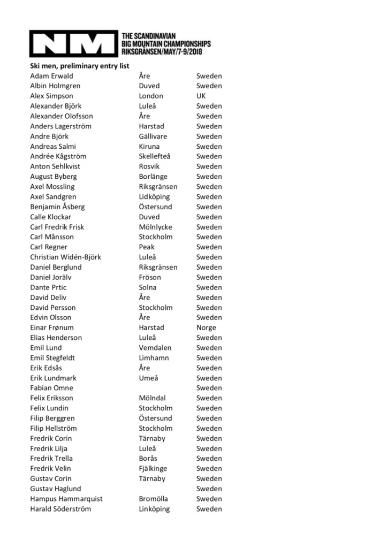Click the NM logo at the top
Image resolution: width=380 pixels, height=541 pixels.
(73, 43)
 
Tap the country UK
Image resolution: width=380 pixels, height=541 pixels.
(201, 96)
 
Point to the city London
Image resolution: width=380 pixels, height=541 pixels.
(151, 96)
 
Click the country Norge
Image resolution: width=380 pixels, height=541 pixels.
(206, 327)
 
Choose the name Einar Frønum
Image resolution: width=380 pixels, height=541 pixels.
(52, 327)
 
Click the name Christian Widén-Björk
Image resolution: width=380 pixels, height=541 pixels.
(65, 257)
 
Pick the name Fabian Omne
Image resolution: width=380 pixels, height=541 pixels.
(51, 388)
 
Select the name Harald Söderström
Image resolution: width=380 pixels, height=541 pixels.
(60, 509)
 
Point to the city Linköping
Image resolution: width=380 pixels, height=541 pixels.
(154, 509)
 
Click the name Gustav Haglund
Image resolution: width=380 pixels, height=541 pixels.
(56, 489)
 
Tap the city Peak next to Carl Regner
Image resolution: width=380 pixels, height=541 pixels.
(147, 247)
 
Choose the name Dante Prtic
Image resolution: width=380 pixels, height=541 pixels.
(48, 287)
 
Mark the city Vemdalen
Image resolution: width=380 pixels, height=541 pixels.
(155, 348)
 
